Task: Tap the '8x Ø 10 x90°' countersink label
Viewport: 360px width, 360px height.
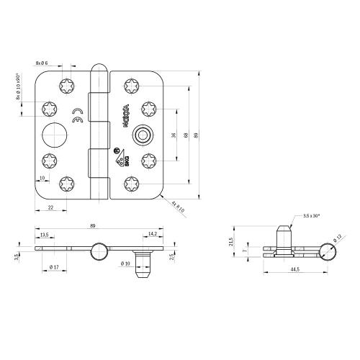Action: (x=19, y=90)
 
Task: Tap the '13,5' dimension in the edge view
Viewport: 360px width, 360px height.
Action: (x=45, y=235)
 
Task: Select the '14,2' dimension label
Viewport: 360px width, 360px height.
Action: (x=152, y=235)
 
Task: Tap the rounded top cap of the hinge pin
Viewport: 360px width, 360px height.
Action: (x=99, y=71)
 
